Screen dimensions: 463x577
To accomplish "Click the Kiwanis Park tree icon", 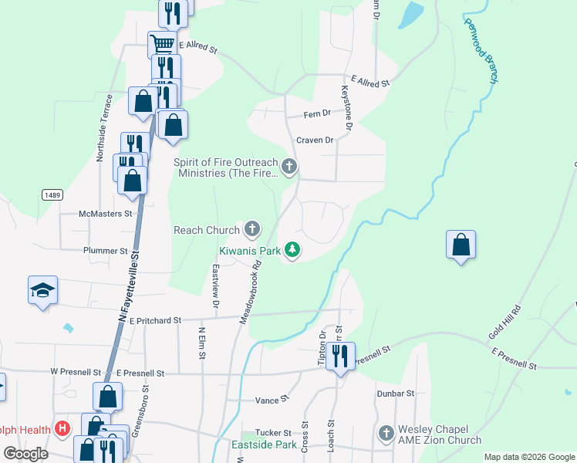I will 292,249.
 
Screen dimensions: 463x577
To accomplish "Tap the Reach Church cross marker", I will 252,229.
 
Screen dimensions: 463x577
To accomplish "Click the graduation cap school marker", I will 43,291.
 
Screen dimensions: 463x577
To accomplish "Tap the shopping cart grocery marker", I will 162,43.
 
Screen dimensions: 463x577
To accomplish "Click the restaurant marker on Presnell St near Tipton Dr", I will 339,357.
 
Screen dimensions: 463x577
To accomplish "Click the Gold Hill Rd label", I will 505,323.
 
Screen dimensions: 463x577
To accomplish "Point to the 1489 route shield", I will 52,196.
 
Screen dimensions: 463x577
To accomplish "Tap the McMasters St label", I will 106,214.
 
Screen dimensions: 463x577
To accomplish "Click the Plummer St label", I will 106,251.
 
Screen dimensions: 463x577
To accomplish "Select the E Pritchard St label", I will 154,319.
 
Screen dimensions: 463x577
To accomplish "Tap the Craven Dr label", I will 315,140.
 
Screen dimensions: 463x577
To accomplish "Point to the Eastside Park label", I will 264,444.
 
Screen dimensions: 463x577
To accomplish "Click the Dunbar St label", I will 396,393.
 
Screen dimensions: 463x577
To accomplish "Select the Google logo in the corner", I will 25,454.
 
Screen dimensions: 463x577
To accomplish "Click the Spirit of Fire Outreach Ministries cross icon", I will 289,166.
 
